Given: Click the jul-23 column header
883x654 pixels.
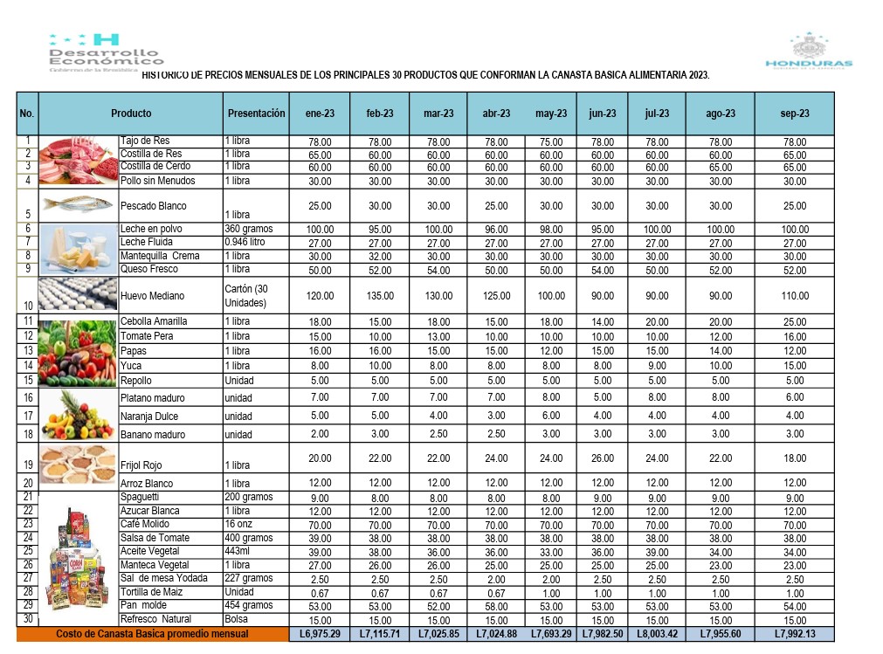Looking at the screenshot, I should point(657,114).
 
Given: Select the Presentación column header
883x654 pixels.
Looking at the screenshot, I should point(256,114).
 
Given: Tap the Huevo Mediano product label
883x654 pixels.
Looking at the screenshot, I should point(148,296).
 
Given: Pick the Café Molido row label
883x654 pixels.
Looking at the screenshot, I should point(145,524).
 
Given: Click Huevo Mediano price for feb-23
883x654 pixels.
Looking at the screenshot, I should point(378,296).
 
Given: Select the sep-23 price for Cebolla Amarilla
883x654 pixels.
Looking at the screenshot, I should point(795,321).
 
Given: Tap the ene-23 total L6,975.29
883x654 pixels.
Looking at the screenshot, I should point(320,634).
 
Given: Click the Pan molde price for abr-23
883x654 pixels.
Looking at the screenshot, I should point(496,606).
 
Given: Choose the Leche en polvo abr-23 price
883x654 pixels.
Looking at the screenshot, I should point(496,229).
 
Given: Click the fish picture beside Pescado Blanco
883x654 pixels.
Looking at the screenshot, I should point(79,204).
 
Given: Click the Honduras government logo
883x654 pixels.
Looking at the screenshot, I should point(808,52).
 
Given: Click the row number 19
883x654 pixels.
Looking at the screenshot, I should point(27,465).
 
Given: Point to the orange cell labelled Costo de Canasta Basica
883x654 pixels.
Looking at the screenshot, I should point(152,634).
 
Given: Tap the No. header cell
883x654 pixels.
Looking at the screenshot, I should point(27,114).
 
